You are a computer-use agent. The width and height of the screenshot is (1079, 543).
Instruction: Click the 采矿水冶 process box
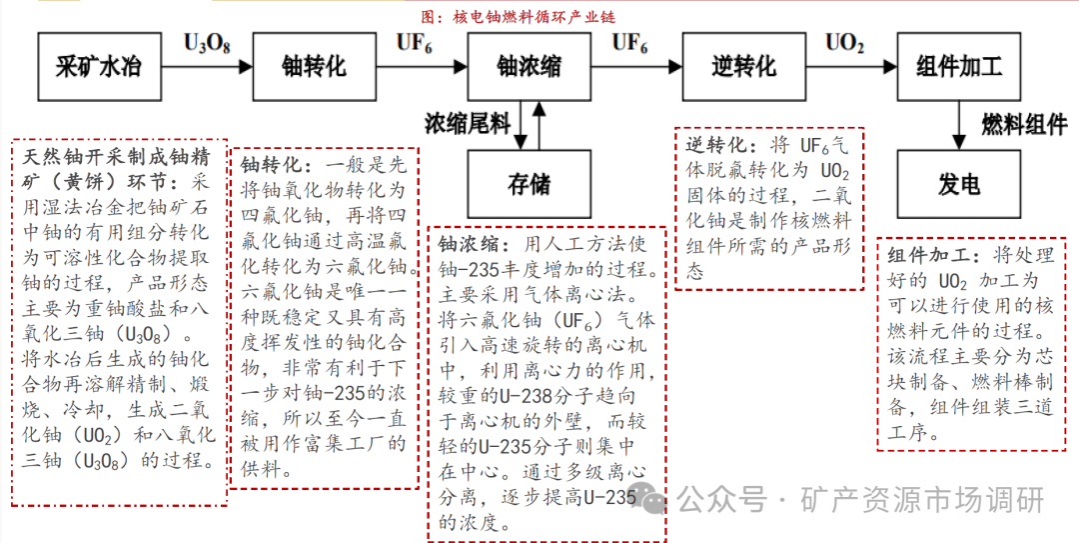coord(97,67)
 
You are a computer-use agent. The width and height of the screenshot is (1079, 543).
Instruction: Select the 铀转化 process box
coord(314,67)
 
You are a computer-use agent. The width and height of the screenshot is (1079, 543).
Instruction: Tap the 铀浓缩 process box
coord(529,67)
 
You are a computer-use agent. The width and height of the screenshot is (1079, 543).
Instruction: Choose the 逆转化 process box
coord(743,67)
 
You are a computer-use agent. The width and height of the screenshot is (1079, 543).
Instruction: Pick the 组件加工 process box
coord(959,67)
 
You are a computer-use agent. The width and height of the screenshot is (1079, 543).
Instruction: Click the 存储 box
coord(529,184)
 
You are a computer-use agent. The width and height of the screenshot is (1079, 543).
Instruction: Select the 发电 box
coord(959,184)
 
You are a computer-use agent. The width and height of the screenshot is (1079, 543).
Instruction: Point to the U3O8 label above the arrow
coord(207,44)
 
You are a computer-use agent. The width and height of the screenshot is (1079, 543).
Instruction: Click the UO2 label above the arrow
coord(844,44)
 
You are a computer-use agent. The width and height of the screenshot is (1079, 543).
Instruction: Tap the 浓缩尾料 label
coord(467,124)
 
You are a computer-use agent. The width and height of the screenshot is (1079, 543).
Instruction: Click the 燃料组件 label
coord(1023,125)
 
